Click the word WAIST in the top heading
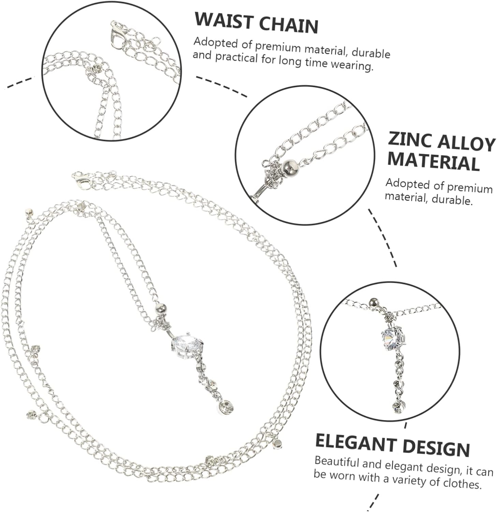(x=223, y=21)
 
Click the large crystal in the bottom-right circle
(x=393, y=337)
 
